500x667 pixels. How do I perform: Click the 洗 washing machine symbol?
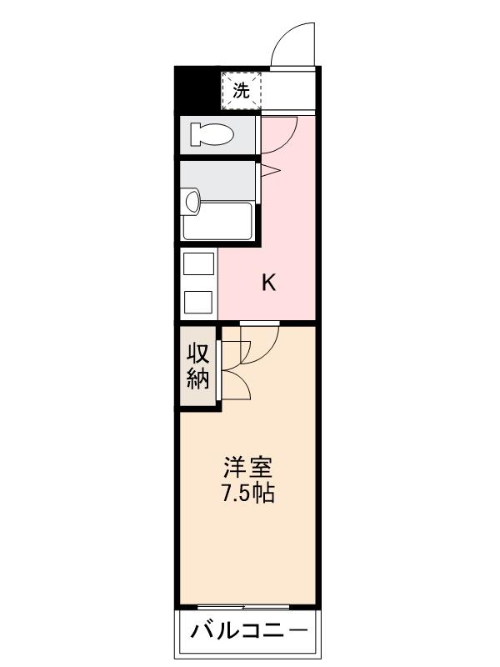tap(241, 90)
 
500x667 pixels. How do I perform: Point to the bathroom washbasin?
tap(192, 201)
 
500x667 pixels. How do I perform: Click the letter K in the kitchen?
tap(268, 283)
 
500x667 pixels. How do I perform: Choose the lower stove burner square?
tap(198, 301)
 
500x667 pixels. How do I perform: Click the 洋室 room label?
tap(247, 466)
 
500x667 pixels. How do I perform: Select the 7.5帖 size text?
tap(247, 493)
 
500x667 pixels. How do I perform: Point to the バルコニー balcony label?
tap(248, 631)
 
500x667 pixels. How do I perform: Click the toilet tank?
tap(193, 133)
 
